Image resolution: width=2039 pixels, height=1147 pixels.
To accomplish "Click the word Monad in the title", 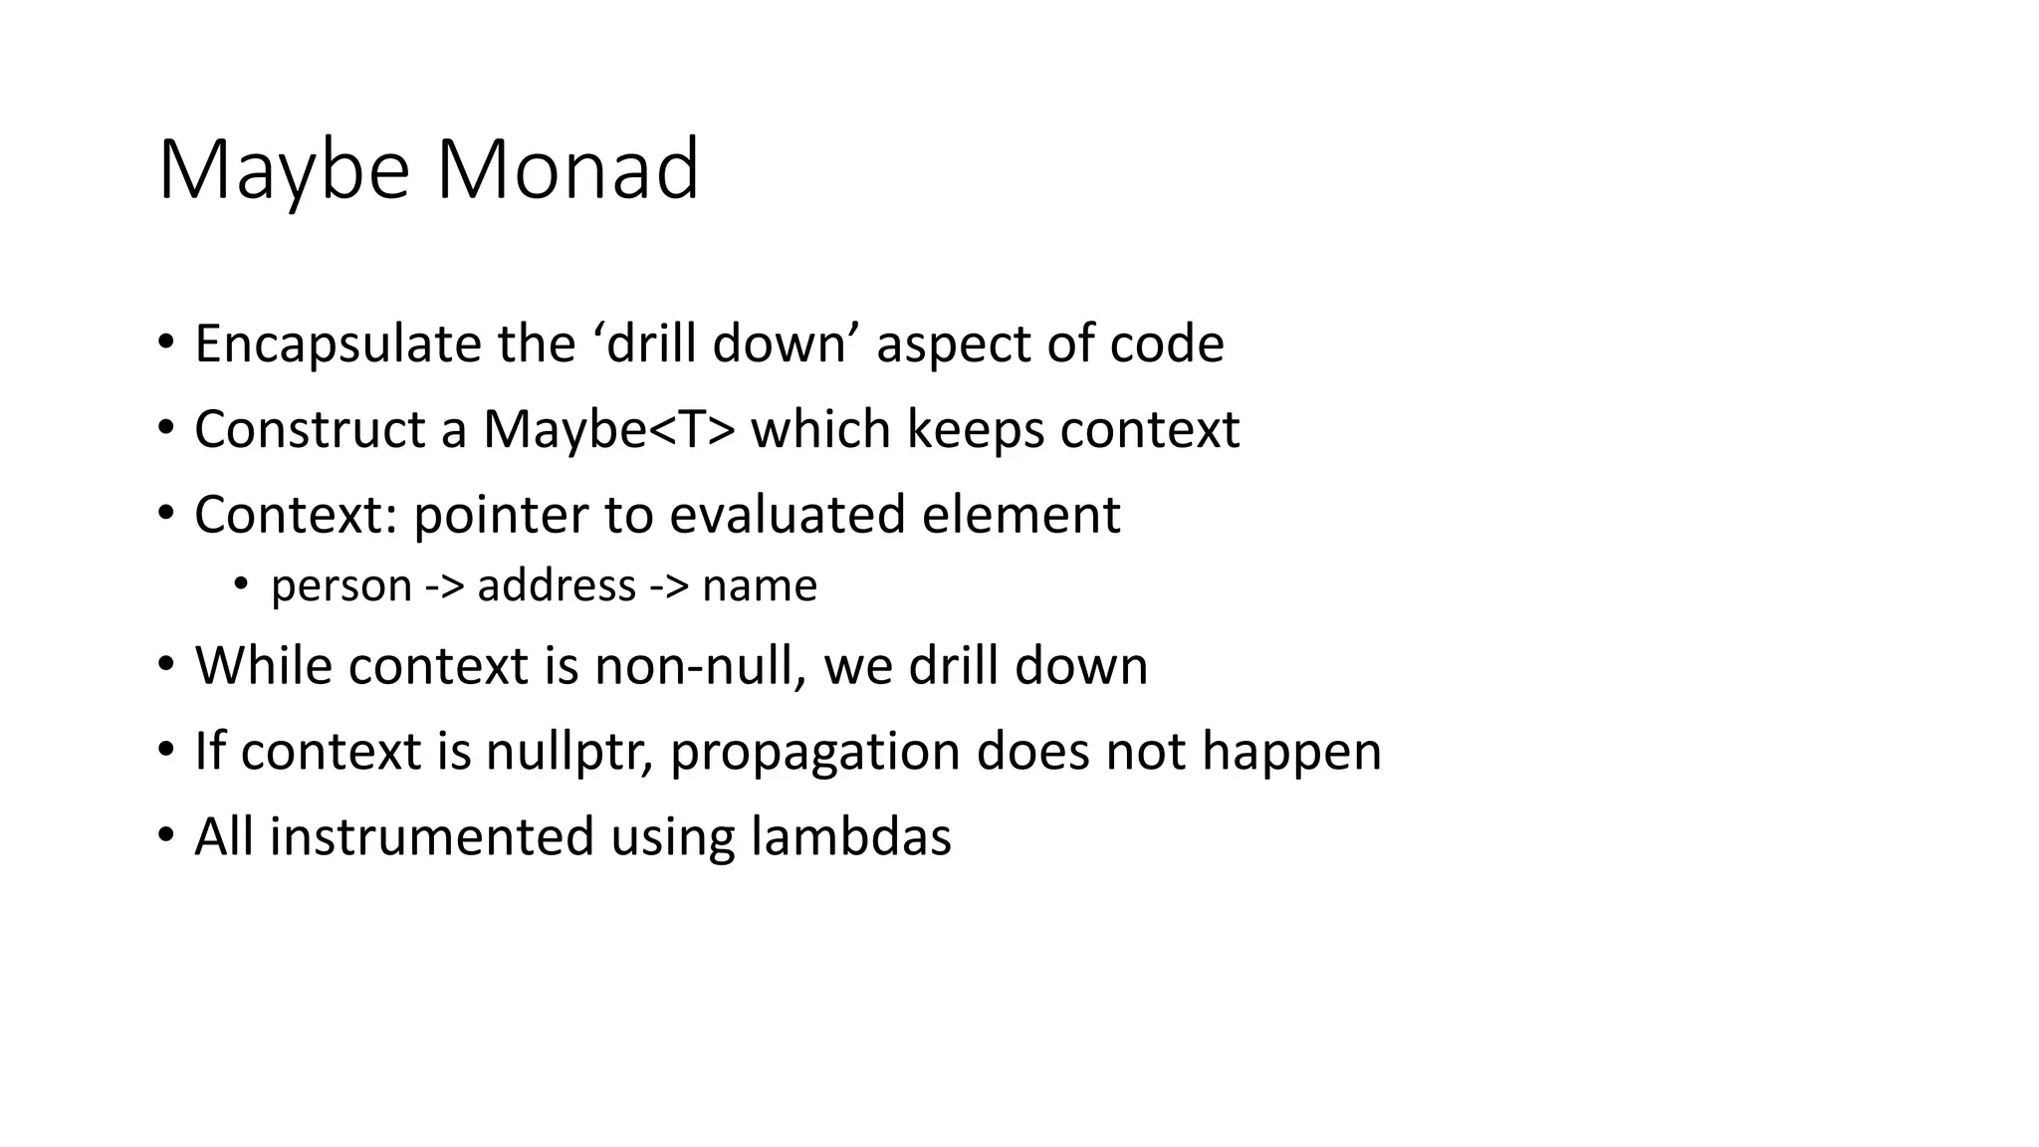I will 567,169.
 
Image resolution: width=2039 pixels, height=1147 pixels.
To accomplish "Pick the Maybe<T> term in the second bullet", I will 609,430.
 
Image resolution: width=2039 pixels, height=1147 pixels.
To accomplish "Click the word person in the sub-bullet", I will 340,586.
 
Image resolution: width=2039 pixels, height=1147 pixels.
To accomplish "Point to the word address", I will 557,584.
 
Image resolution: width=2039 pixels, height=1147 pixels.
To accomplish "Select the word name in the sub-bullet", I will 760,585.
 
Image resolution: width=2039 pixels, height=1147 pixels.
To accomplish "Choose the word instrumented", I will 432,836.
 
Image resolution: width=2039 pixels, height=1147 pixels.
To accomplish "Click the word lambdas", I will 851,836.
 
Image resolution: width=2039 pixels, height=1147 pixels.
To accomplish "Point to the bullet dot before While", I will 165,664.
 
